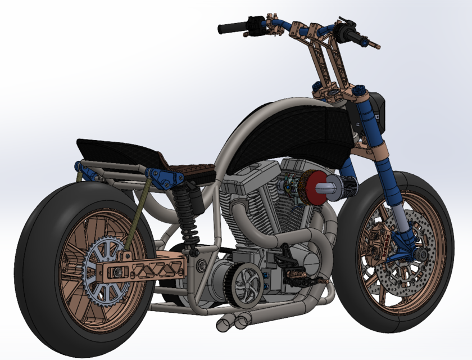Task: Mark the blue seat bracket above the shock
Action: [x=163, y=177]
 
